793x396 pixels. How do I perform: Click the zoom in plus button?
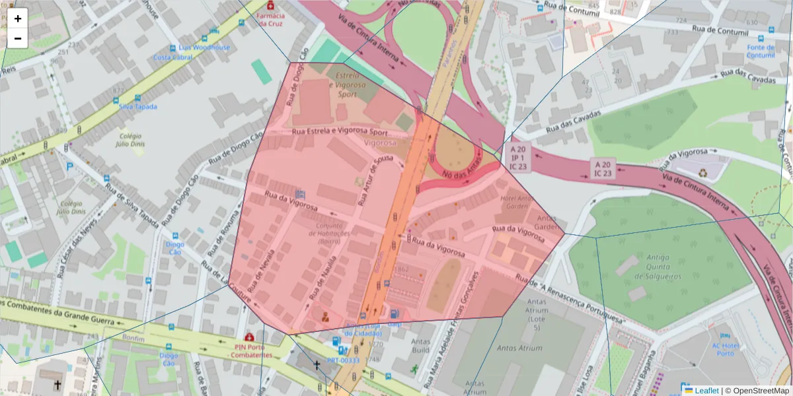click(18, 18)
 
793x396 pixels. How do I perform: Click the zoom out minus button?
click(18, 38)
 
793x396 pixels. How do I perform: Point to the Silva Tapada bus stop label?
click(137, 106)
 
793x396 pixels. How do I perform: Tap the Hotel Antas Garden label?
click(517, 202)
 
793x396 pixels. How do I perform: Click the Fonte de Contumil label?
click(760, 51)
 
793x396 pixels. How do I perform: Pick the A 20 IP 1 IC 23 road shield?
click(518, 158)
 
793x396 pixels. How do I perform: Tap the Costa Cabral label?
click(173, 57)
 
